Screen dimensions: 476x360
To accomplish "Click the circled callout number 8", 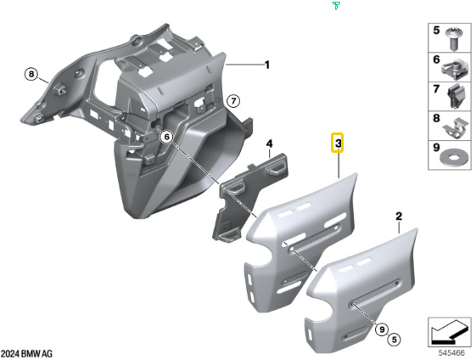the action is point(31,75).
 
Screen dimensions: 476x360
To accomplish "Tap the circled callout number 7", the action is point(233,101).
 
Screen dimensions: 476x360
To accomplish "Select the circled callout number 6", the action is point(166,138).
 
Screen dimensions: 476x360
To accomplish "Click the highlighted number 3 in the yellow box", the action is point(337,143).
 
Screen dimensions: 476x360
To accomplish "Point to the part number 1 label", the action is point(266,65).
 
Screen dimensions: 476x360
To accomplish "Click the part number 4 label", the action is point(269,143).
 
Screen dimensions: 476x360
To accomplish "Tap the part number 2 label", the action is point(399,217).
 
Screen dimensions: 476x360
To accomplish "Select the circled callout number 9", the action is point(382,329).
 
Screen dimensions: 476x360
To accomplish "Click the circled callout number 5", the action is point(394,340).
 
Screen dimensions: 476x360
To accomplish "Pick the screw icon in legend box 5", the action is point(454,39).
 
